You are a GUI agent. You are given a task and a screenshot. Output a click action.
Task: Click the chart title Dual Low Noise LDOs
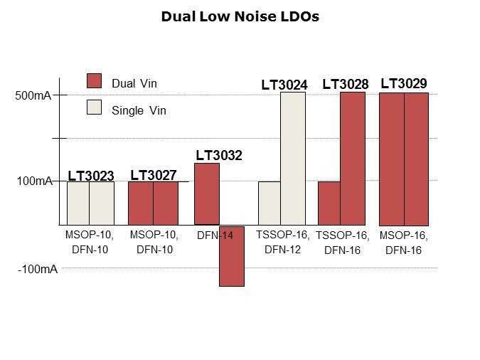(x=240, y=16)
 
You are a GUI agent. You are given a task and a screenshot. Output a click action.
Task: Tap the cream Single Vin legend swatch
(x=94, y=109)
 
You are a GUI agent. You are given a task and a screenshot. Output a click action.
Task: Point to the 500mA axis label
(x=33, y=95)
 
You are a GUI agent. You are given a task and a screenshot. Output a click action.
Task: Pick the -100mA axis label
(x=36, y=270)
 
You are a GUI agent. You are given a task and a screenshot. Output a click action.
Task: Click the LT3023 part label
(x=91, y=176)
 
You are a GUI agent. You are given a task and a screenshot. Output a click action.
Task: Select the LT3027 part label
(x=154, y=175)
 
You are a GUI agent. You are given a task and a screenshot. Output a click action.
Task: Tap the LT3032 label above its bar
(x=219, y=155)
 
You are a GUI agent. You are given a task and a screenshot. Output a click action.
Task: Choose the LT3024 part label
(x=284, y=85)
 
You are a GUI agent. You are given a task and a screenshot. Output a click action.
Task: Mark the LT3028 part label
(x=346, y=85)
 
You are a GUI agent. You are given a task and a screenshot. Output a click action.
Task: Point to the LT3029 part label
(x=404, y=84)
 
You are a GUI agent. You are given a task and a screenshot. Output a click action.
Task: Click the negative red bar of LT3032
(x=232, y=256)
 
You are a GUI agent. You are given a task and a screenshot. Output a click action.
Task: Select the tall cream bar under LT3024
(x=292, y=158)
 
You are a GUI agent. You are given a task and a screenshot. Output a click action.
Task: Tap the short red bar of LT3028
(x=329, y=203)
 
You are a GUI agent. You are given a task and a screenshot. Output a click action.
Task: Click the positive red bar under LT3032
(x=207, y=194)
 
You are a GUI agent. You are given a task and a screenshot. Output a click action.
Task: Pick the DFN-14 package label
(x=215, y=235)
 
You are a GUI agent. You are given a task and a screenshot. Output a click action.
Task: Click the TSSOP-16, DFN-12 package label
(x=283, y=242)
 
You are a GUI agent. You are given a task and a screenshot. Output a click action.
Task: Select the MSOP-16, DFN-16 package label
(x=404, y=243)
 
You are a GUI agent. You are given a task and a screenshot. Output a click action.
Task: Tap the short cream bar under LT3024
(x=269, y=203)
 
